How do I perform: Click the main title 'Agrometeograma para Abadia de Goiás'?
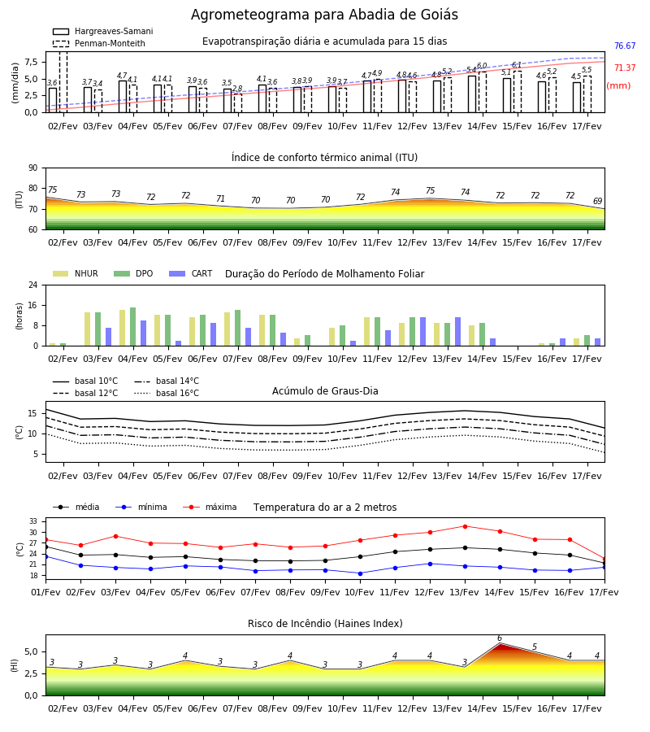(324, 15)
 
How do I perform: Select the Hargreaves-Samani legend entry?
(103, 31)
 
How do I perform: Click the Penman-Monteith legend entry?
(99, 43)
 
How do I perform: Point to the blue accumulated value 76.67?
(625, 46)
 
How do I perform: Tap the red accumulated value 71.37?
(625, 68)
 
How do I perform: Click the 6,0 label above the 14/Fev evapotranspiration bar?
(482, 66)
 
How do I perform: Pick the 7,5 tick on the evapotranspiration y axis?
(31, 62)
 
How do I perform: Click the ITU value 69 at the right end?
(597, 201)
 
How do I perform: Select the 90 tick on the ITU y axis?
(33, 168)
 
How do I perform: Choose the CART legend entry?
(191, 273)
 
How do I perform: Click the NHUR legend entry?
(76, 273)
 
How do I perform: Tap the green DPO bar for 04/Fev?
(133, 327)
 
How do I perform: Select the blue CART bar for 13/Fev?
(458, 332)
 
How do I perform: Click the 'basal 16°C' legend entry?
(167, 393)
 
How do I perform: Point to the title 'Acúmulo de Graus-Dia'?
(325, 391)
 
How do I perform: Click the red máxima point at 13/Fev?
(465, 526)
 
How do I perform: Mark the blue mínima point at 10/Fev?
(360, 573)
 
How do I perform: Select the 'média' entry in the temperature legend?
(76, 507)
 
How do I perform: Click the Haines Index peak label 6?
(500, 638)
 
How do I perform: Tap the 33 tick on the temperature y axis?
(33, 521)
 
